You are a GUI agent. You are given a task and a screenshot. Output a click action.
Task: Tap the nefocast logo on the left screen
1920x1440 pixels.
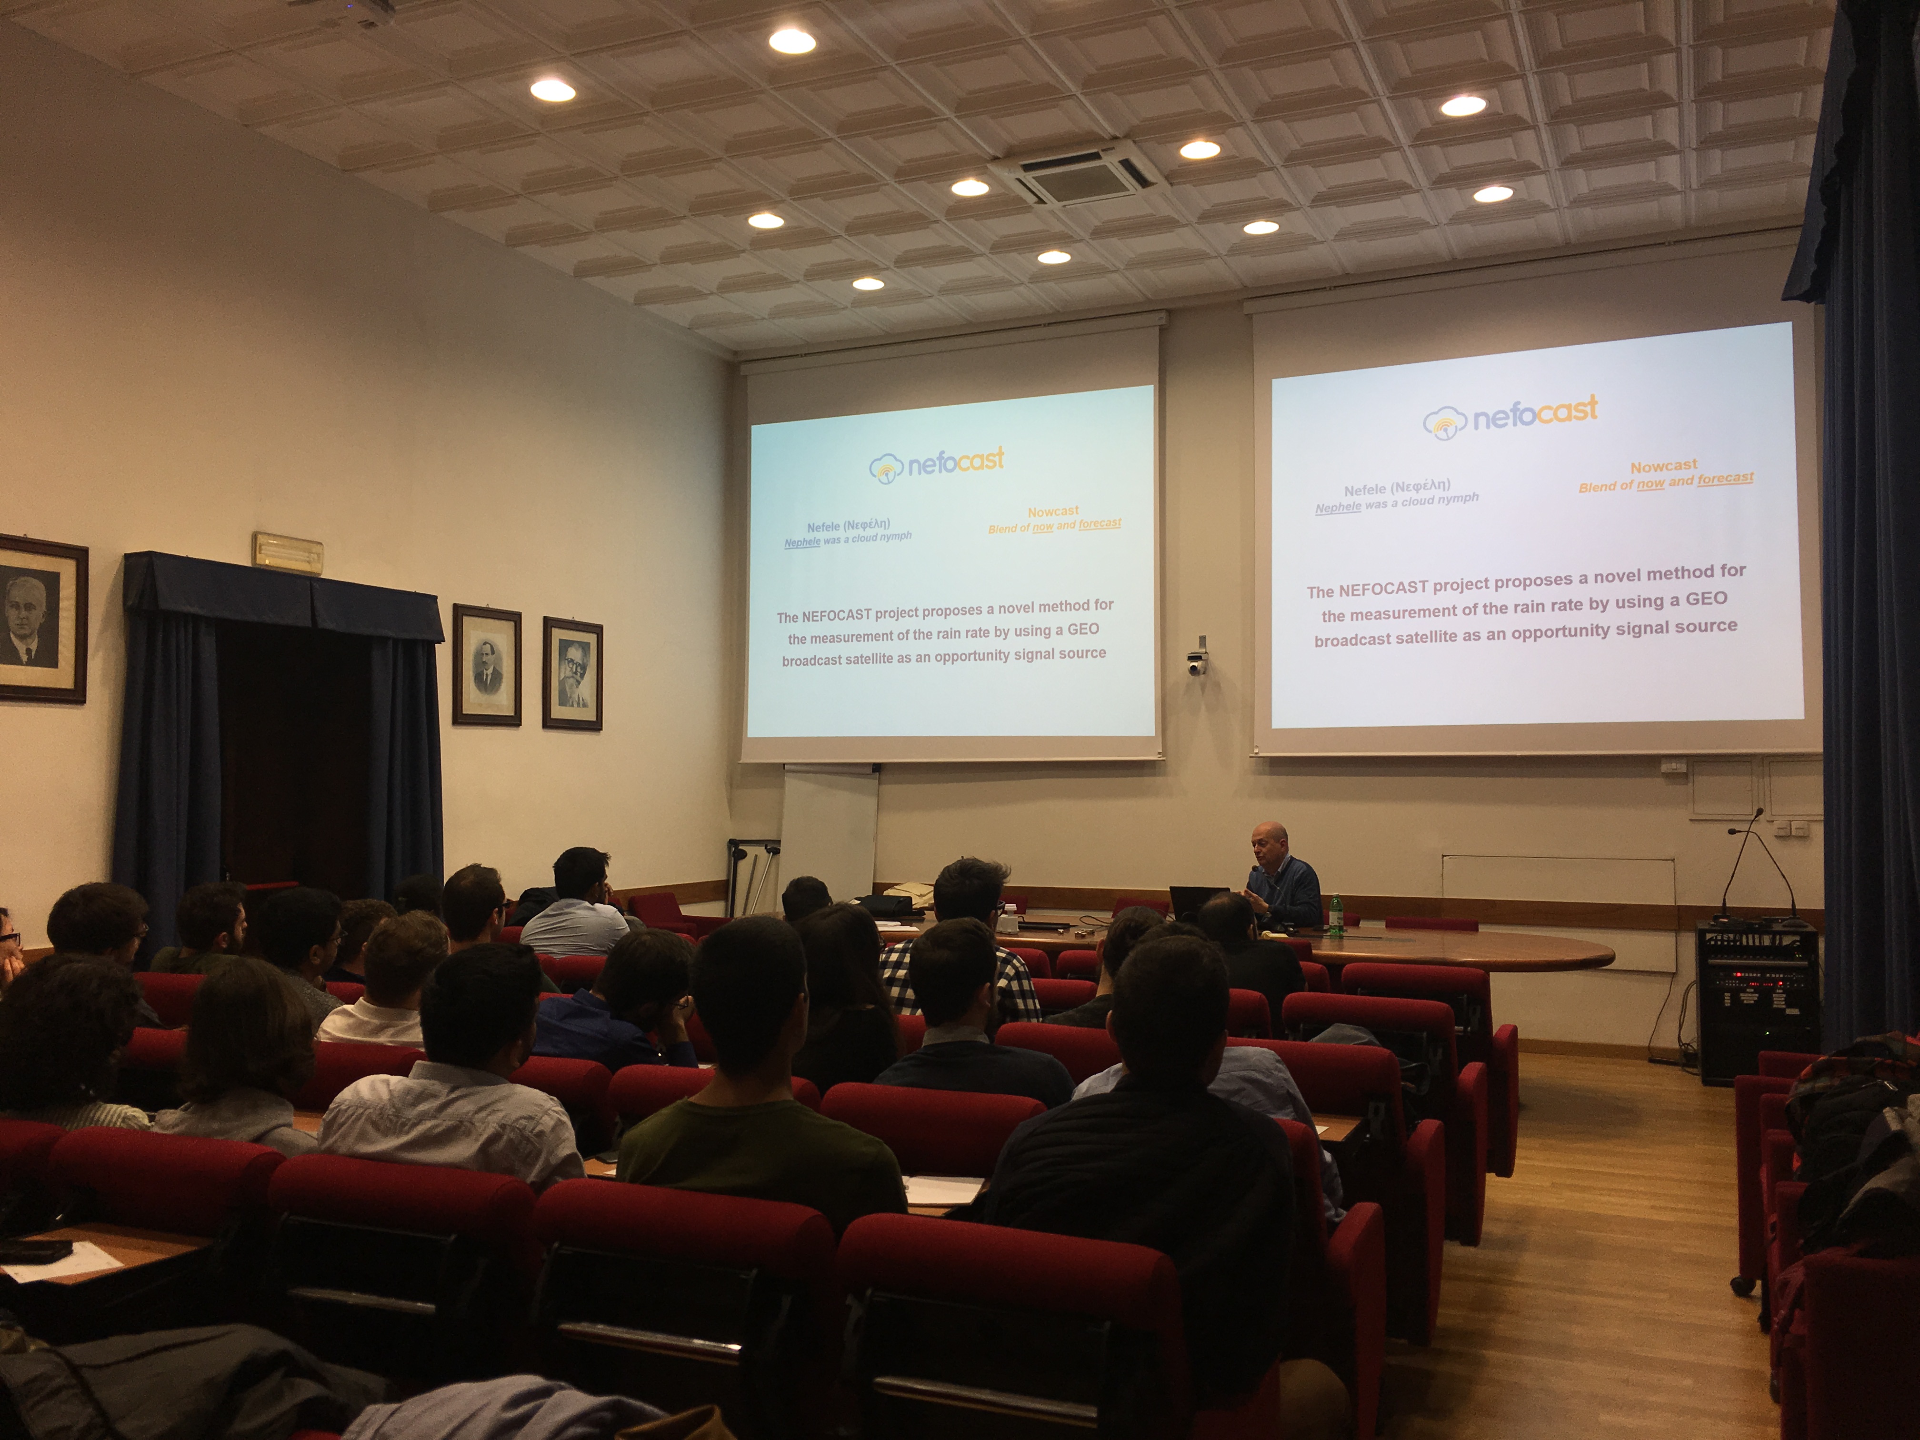[x=937, y=463]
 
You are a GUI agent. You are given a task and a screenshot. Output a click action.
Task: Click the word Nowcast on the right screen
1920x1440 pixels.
[x=1663, y=466]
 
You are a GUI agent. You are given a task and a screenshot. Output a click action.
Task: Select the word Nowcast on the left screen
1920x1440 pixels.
[x=1053, y=511]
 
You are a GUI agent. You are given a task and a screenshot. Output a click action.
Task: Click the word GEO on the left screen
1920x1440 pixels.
[x=1083, y=629]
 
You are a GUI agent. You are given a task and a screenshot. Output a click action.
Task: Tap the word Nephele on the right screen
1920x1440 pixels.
[x=1338, y=508]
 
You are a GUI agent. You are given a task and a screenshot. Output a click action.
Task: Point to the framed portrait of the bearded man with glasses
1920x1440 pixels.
[x=572, y=673]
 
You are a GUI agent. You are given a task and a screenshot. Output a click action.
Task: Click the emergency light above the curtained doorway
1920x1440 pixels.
[x=287, y=551]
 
